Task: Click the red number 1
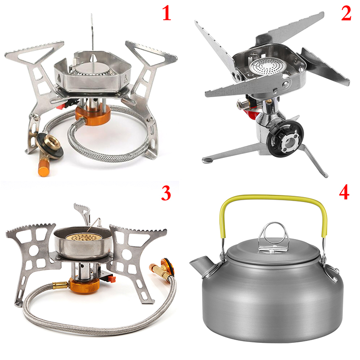point(167,13)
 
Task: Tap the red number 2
point(346,13)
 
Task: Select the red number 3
point(166,193)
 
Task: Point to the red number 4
point(344,192)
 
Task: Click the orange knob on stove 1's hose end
point(44,167)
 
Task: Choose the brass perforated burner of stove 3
point(83,237)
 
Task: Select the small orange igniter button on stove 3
point(112,279)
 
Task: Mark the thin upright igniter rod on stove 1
point(92,32)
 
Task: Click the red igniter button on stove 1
point(60,107)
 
